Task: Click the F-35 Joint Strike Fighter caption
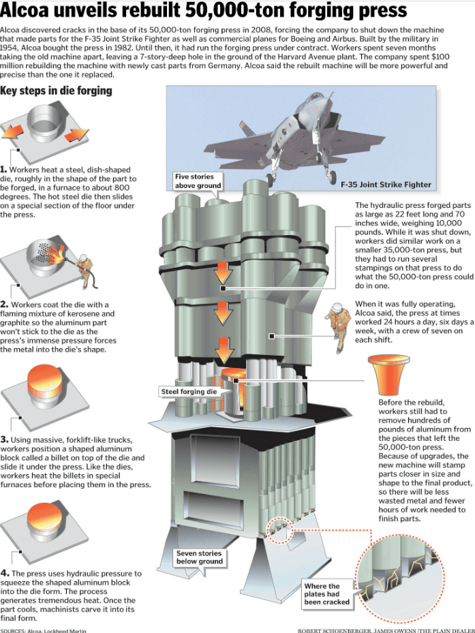point(386,184)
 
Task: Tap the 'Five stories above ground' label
point(198,181)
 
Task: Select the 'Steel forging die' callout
point(189,392)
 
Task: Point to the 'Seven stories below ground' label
point(199,557)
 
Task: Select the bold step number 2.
point(4,304)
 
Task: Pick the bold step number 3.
point(4,440)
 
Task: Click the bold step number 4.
point(4,574)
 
